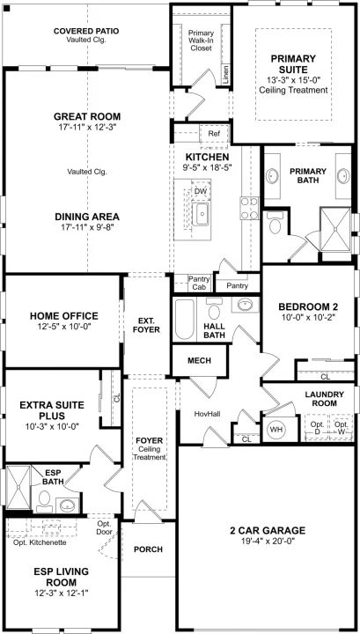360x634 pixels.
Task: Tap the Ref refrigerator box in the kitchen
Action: point(214,134)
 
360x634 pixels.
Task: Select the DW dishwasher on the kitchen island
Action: point(201,190)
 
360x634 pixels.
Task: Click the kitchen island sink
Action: point(200,214)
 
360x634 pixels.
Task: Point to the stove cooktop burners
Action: point(250,208)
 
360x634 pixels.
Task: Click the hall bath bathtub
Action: point(185,319)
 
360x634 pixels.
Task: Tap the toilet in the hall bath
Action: point(213,309)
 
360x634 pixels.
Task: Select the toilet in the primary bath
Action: point(276,224)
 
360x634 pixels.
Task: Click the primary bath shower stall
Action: point(335,229)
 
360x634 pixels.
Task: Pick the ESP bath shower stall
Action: point(18,490)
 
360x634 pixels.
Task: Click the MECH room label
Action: point(200,360)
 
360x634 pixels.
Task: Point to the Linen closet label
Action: point(226,74)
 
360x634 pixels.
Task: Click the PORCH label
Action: point(148,549)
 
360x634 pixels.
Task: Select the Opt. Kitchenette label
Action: point(40,542)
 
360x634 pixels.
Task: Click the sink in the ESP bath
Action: point(68,505)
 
